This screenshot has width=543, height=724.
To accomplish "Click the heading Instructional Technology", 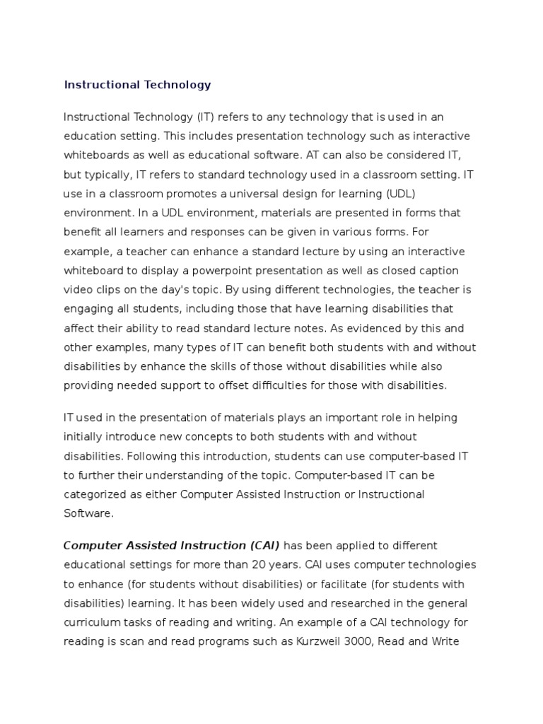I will [137, 85].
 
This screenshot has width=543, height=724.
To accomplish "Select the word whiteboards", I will [96, 155].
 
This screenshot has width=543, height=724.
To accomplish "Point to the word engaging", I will [88, 308].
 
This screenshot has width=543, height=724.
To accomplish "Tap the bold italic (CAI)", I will [259, 546].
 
